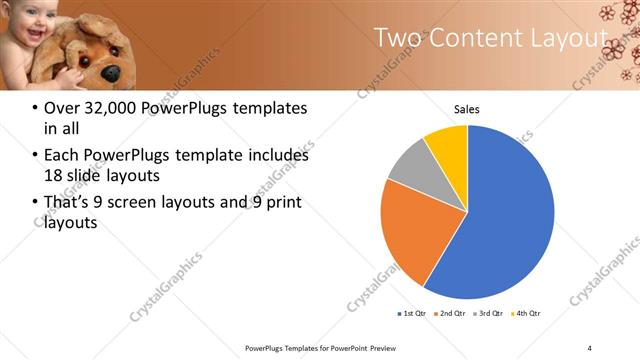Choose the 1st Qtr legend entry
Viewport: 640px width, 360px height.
(411, 314)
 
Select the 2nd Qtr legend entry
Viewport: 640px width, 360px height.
(449, 314)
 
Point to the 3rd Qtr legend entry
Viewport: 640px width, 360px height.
(488, 314)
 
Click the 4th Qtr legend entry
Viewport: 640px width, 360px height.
(526, 314)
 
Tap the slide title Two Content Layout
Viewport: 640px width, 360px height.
(490, 38)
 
